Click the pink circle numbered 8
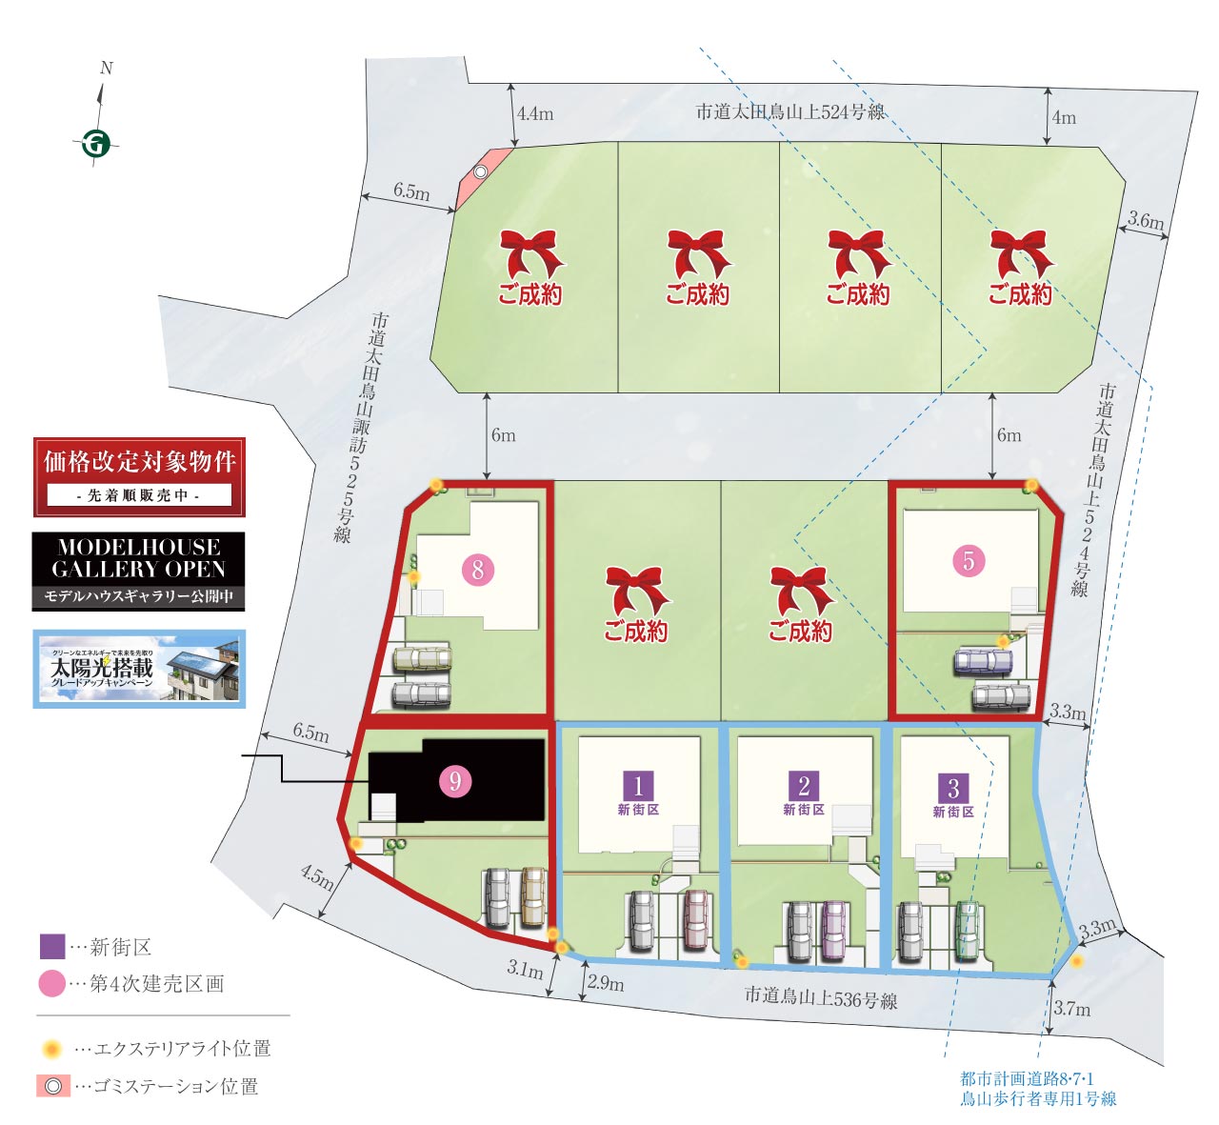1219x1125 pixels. (478, 570)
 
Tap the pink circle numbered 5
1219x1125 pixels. (969, 560)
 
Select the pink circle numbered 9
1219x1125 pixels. (455, 781)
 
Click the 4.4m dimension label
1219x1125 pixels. (535, 114)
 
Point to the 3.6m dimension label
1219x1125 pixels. (1146, 221)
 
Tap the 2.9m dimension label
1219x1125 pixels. (606, 982)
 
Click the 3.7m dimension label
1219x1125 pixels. (1072, 1009)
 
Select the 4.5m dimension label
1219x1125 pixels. (318, 876)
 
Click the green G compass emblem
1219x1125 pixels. (95, 144)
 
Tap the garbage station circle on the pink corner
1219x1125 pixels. (481, 171)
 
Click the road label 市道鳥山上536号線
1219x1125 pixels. (820, 998)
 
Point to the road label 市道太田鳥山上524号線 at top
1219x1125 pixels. (789, 112)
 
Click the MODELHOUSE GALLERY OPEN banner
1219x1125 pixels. (139, 571)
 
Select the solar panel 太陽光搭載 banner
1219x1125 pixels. (139, 669)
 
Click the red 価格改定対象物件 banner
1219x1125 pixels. (139, 476)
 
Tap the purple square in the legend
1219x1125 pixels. (52, 946)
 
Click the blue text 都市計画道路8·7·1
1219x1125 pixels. (1027, 1078)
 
